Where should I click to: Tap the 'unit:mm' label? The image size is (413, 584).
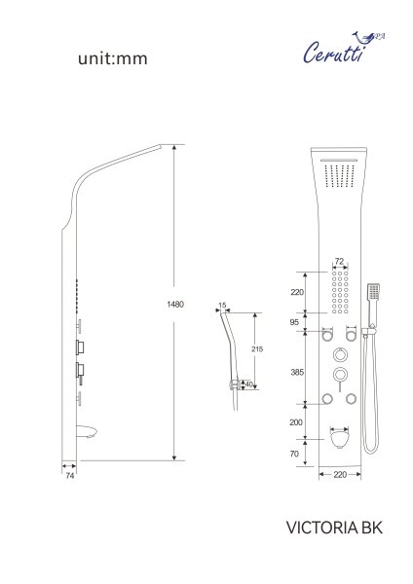tap(113, 59)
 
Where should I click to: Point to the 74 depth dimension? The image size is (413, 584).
tap(69, 477)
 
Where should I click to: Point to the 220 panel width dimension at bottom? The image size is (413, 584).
tap(340, 475)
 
